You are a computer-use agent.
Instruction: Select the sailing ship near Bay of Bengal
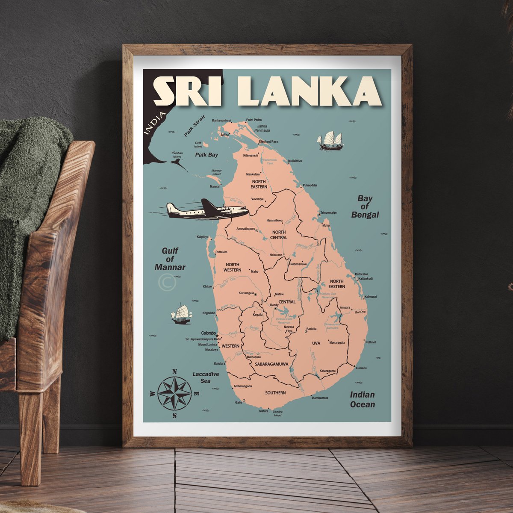pyautogui.click(x=330, y=141)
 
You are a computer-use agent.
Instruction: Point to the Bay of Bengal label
pyautogui.click(x=365, y=206)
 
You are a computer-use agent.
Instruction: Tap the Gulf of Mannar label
pyautogui.click(x=170, y=259)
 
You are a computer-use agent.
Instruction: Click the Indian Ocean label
pyautogui.click(x=362, y=399)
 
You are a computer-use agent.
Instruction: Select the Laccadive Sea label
pyautogui.click(x=206, y=377)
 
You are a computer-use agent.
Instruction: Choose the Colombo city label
pyautogui.click(x=209, y=333)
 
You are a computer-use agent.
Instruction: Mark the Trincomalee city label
pyautogui.click(x=329, y=212)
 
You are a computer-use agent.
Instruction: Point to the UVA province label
pyautogui.click(x=316, y=343)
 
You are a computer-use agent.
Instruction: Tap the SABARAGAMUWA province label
pyautogui.click(x=271, y=364)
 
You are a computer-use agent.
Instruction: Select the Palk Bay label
pyautogui.click(x=206, y=155)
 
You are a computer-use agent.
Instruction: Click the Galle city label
pyautogui.click(x=239, y=402)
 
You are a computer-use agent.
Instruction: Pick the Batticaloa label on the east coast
pyautogui.click(x=362, y=274)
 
